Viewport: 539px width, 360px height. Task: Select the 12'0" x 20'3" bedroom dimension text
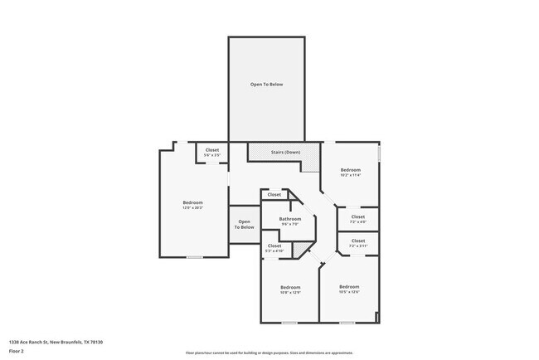[x=192, y=207]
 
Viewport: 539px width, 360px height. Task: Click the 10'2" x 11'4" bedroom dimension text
[x=350, y=175]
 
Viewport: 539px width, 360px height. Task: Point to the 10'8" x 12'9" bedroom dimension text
[x=289, y=292]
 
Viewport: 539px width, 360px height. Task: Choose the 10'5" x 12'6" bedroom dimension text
[x=349, y=291]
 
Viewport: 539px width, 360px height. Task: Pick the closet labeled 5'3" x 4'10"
[x=274, y=248]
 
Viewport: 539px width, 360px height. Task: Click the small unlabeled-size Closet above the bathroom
[x=274, y=194]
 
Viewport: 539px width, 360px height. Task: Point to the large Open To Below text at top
[x=266, y=85]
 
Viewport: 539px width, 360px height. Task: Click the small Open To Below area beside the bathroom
[x=244, y=224]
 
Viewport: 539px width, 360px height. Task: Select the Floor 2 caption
[x=17, y=351]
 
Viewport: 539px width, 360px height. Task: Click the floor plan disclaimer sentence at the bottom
[x=269, y=353]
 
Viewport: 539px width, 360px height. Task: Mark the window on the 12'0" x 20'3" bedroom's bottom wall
[x=194, y=257]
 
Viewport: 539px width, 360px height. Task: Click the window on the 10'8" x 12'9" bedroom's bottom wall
[x=289, y=323]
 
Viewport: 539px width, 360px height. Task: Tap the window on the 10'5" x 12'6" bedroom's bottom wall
[x=347, y=323]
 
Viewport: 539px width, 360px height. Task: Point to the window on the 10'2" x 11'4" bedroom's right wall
[x=379, y=153]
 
